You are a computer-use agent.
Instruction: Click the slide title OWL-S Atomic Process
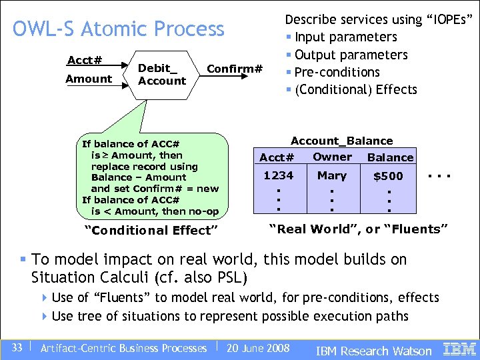(119, 29)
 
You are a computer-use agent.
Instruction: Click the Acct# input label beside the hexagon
(85, 61)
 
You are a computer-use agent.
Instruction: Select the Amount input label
(89, 79)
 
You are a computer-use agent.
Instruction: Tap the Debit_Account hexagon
(161, 75)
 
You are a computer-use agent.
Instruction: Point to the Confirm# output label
(235, 69)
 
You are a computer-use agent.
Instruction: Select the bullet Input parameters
(345, 37)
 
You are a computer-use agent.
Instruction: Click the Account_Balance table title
(341, 141)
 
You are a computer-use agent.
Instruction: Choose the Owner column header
(332, 157)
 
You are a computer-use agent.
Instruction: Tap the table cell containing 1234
(278, 176)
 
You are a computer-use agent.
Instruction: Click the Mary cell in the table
(331, 176)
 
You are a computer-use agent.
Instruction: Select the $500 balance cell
(387, 177)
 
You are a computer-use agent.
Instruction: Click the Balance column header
(390, 158)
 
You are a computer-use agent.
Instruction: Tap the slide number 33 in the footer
(17, 347)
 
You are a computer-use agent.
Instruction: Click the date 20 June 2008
(258, 348)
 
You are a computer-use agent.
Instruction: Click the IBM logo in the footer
(459, 348)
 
